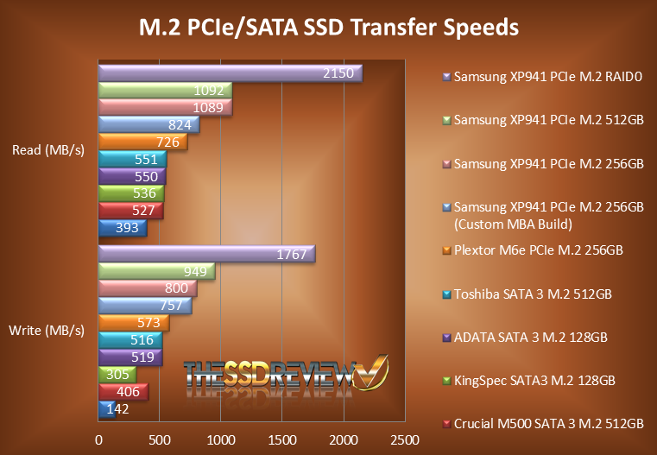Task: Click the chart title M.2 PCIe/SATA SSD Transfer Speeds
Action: tap(329, 27)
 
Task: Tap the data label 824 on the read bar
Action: tap(180, 125)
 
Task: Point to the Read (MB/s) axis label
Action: tap(48, 151)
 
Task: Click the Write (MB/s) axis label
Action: tap(48, 330)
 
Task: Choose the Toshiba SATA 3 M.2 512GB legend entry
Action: tap(533, 294)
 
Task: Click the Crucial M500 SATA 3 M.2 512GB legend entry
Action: tap(548, 423)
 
